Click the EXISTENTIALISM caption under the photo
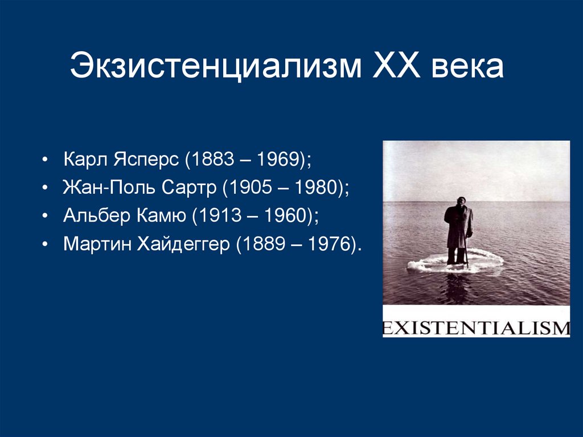476,328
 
